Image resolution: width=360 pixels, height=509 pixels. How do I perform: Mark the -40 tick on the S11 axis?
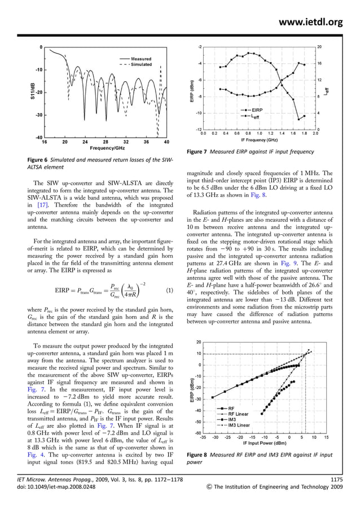click(39, 138)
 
